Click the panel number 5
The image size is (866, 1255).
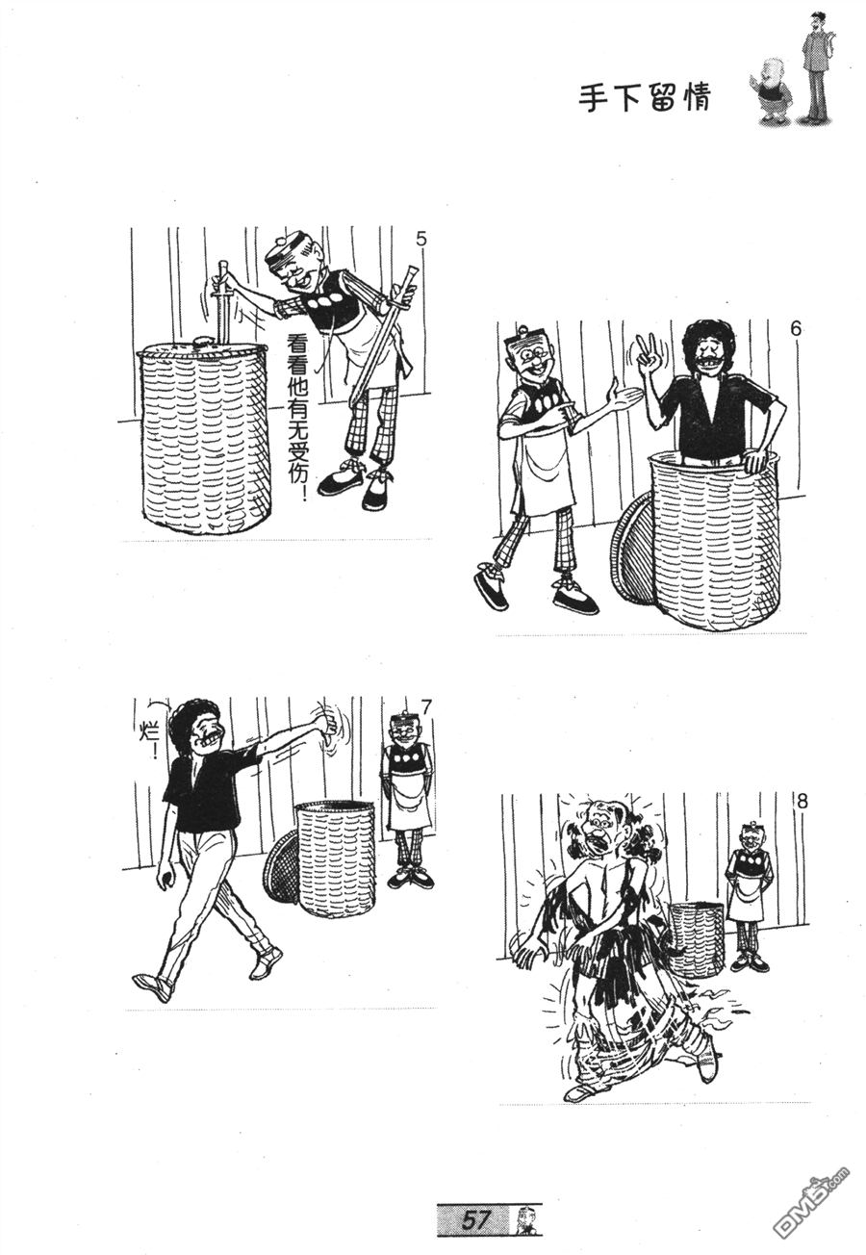tap(421, 240)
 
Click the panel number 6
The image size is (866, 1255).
tap(796, 329)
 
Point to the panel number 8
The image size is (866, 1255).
tap(802, 803)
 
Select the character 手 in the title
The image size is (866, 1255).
tap(594, 99)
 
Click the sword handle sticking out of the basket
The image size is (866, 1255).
tap(222, 273)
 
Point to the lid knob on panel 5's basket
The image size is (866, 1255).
tap(201, 342)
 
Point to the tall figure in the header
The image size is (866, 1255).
tap(816, 66)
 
